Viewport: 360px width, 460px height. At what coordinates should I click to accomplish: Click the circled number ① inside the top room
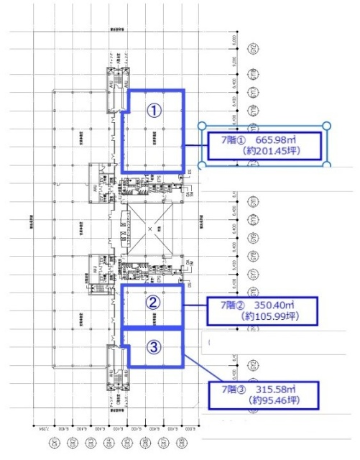(x=152, y=110)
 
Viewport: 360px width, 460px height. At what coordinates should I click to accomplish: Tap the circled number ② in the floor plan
(x=152, y=303)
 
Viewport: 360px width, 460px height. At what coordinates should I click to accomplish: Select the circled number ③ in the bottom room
(x=152, y=346)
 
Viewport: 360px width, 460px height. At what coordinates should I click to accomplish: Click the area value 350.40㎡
(x=285, y=304)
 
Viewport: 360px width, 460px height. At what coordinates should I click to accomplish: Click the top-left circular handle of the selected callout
(x=202, y=126)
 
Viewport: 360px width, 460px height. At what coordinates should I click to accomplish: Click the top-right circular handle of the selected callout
(x=327, y=126)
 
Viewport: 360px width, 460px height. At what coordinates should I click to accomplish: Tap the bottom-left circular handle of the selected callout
(x=202, y=164)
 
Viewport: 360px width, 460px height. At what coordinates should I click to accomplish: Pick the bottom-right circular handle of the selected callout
(x=327, y=164)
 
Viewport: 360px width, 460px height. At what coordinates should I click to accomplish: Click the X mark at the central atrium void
(x=149, y=229)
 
